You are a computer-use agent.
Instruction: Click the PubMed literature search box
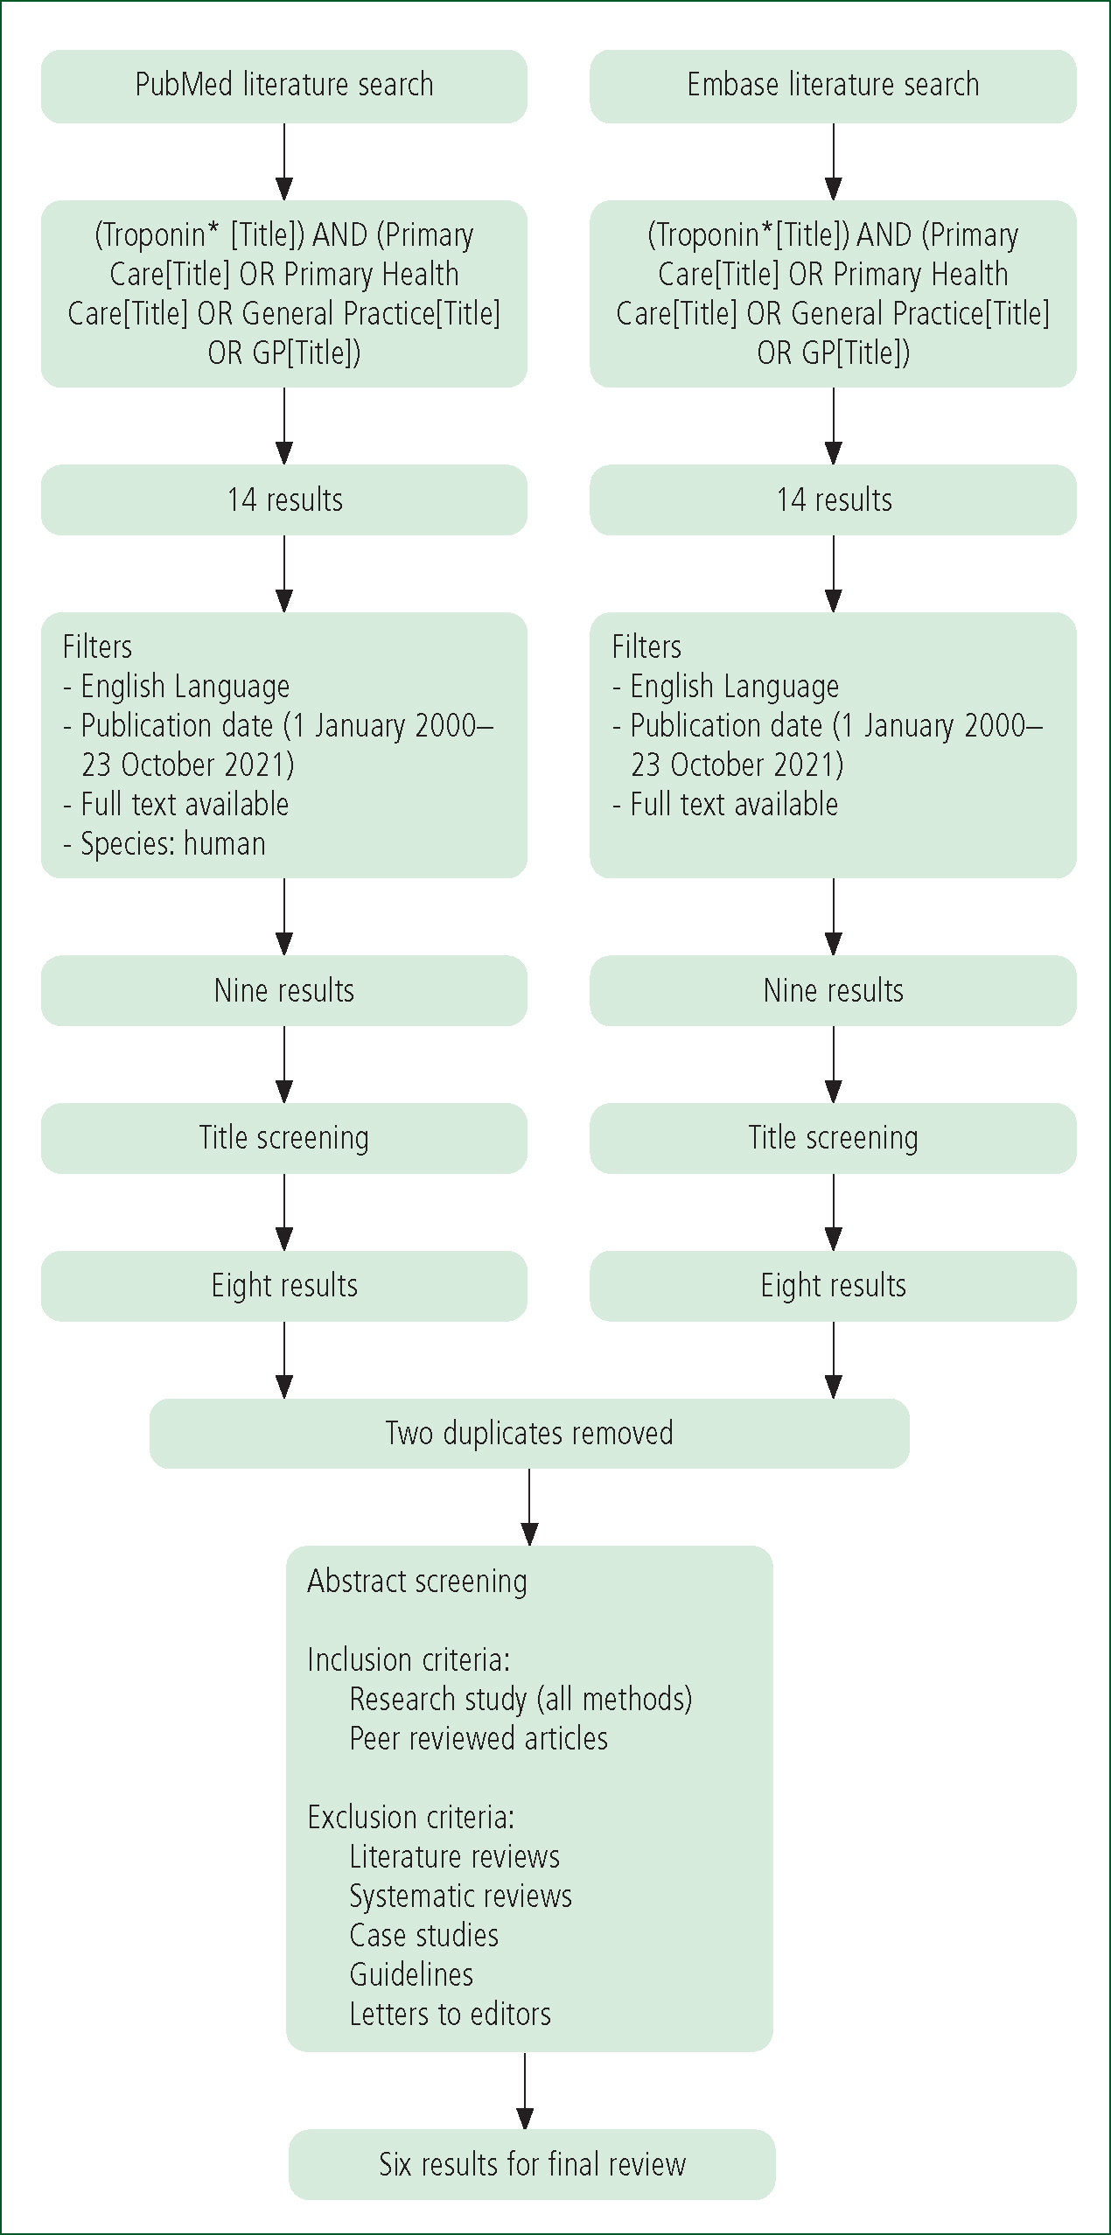[x=284, y=86]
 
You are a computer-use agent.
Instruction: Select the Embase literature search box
[x=833, y=86]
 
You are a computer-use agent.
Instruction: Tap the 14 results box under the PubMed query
[x=284, y=499]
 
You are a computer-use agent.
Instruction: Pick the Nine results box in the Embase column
[x=833, y=990]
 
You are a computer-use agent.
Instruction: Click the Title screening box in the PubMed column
[x=284, y=1138]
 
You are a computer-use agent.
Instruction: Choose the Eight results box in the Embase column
[x=833, y=1286]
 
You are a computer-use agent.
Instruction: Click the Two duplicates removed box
[x=529, y=1434]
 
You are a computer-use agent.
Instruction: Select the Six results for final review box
[x=532, y=2164]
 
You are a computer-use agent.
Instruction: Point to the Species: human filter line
[x=164, y=844]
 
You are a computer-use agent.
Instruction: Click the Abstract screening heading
[x=417, y=1582]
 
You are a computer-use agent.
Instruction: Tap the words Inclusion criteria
[x=409, y=1659]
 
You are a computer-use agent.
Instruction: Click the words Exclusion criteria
[x=411, y=1817]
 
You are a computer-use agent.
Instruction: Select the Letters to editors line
[x=451, y=2014]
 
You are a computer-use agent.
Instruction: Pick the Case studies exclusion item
[x=424, y=1935]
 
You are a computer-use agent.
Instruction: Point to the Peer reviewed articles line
[x=479, y=1738]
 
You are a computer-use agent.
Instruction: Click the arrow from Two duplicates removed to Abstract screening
[x=529, y=1507]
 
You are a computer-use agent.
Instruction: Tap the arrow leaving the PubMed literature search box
[x=284, y=162]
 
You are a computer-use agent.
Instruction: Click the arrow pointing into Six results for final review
[x=525, y=2091]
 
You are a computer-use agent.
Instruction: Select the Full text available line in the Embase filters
[x=725, y=805]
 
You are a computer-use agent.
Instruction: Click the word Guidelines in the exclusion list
[x=411, y=1974]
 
